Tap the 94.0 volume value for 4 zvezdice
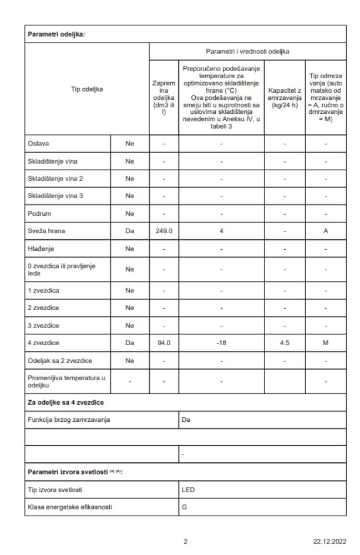point(164,342)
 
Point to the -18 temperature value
point(221,342)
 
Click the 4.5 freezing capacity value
point(283,342)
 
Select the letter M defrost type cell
point(326,342)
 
